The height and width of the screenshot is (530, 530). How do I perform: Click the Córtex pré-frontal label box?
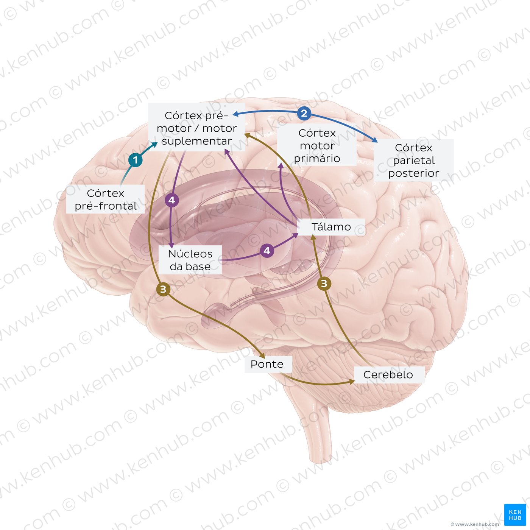[x=105, y=199]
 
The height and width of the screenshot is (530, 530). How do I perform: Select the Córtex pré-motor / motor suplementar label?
[x=196, y=128]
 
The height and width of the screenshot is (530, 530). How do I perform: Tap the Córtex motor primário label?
[x=317, y=145]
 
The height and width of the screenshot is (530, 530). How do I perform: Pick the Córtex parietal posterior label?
[x=413, y=160]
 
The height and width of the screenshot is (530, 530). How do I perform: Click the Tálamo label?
[x=331, y=227]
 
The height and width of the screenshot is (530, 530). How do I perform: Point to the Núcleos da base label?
[x=190, y=260]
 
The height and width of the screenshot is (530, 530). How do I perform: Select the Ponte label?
[x=267, y=364]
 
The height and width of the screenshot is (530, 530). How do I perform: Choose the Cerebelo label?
[x=388, y=374]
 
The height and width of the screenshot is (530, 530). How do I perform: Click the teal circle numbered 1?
[x=135, y=160]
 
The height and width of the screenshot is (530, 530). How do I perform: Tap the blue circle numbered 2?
[x=304, y=113]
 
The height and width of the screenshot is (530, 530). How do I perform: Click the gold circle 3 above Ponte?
[x=163, y=290]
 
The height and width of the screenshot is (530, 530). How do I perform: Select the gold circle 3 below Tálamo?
[x=324, y=283]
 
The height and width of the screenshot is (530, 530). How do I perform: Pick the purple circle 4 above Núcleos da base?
[x=171, y=200]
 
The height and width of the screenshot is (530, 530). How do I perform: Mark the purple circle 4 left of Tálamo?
[x=267, y=250]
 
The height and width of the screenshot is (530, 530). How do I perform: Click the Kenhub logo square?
[x=515, y=515]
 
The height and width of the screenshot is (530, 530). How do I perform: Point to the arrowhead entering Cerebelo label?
[x=351, y=382]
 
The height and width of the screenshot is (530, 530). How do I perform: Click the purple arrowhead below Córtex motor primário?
[x=281, y=165]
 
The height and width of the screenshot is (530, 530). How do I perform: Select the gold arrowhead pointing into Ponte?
[x=262, y=357]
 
